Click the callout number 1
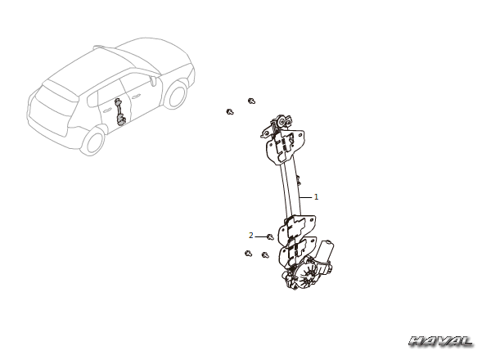click(316, 197)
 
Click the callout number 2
click(251, 235)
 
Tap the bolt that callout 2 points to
click(270, 237)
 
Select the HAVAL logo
click(441, 341)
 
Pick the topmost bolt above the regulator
click(251, 101)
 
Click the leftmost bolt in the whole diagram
click(230, 111)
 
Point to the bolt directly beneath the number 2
click(248, 254)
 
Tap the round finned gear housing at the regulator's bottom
click(306, 277)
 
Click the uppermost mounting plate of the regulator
click(285, 145)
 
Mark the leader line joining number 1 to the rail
click(305, 197)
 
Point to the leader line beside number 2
click(261, 236)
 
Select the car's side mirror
click(153, 80)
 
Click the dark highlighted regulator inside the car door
click(119, 112)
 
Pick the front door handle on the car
click(136, 97)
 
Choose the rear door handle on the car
click(106, 110)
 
